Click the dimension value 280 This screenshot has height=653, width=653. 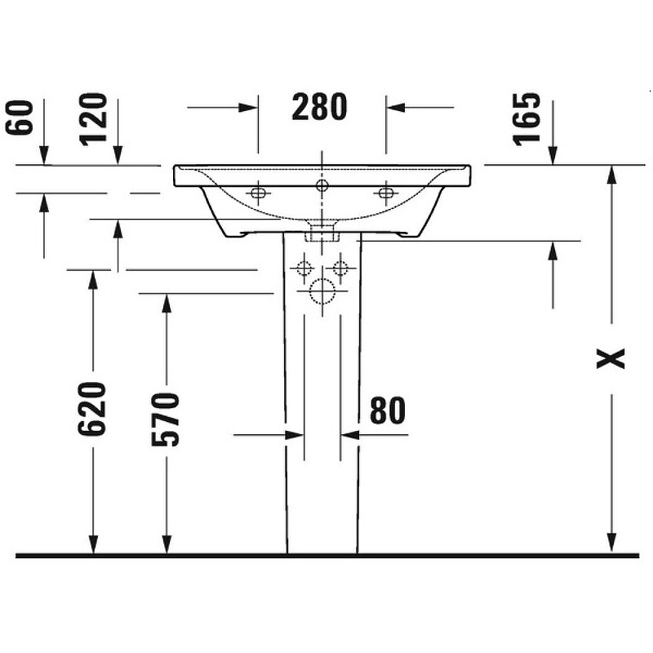(x=319, y=107)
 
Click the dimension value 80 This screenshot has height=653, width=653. (x=388, y=411)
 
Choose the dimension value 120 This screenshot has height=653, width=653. (x=95, y=118)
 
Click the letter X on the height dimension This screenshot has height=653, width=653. (x=611, y=358)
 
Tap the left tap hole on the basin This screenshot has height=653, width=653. (x=259, y=193)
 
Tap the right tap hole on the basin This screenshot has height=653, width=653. (x=384, y=193)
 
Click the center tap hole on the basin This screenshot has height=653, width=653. (x=322, y=186)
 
